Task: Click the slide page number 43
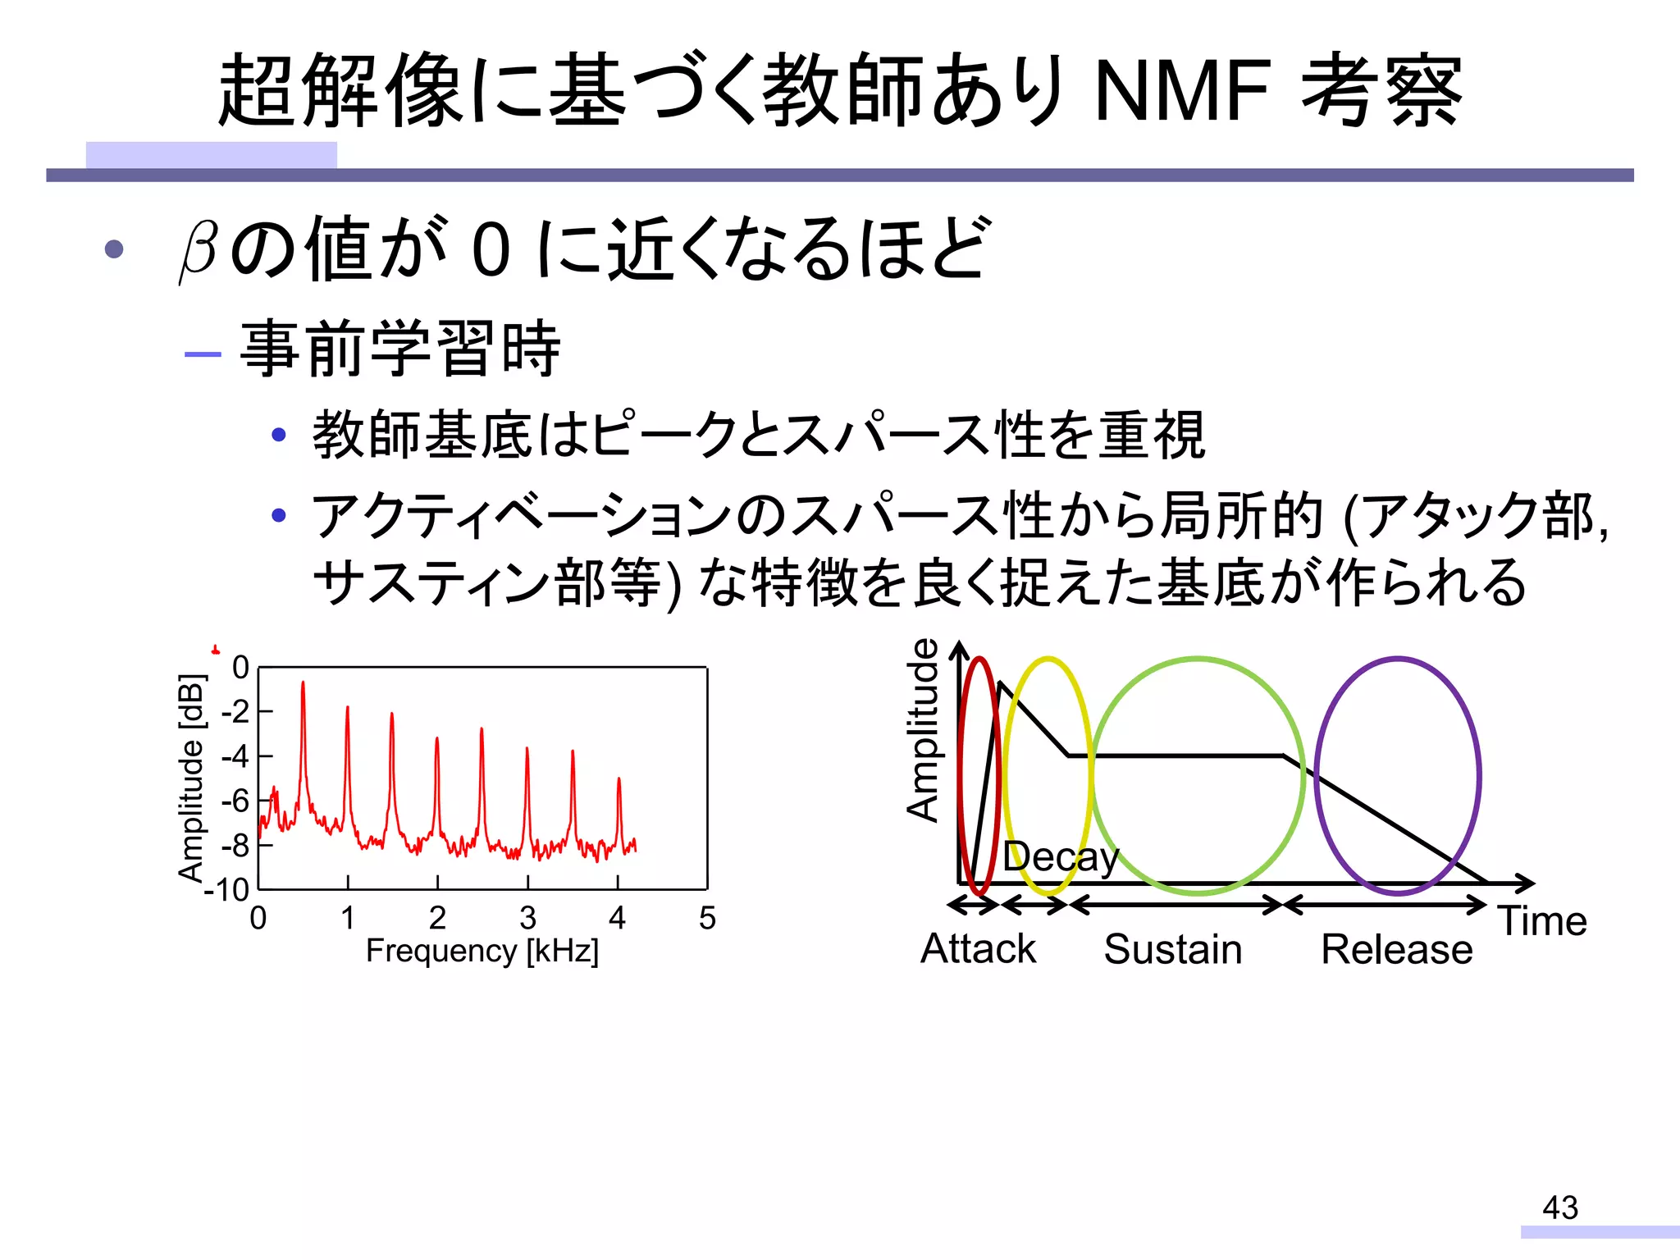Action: (1559, 1207)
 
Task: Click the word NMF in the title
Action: (1183, 91)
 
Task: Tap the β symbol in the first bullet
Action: (199, 249)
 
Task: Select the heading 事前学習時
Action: (399, 349)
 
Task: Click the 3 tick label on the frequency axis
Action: (527, 918)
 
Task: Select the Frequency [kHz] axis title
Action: (482, 952)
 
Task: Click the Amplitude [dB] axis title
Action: (191, 778)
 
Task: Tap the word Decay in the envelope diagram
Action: (1060, 857)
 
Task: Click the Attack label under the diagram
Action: (978, 949)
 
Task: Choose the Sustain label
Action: (1172, 950)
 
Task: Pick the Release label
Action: (1396, 950)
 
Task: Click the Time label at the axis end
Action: (1542, 921)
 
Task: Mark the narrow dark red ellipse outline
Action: (961, 775)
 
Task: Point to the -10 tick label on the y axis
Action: (227, 889)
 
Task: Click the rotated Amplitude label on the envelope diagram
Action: (923, 730)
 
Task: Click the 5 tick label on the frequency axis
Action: (707, 918)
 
